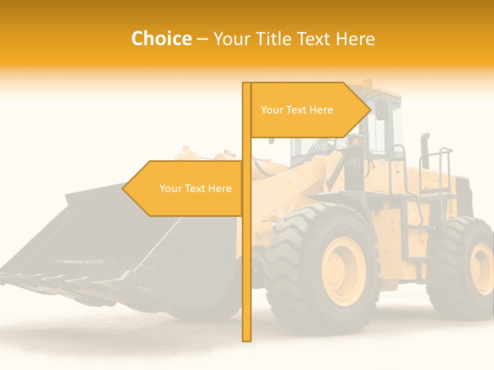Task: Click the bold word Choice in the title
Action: coord(161,39)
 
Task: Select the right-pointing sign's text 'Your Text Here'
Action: coord(297,110)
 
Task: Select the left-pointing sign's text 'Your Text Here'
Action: coord(196,189)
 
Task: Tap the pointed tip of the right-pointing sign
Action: coord(369,109)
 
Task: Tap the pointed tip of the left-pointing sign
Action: coord(123,188)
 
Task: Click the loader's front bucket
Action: coord(103,242)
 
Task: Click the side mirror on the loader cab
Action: coord(382,109)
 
